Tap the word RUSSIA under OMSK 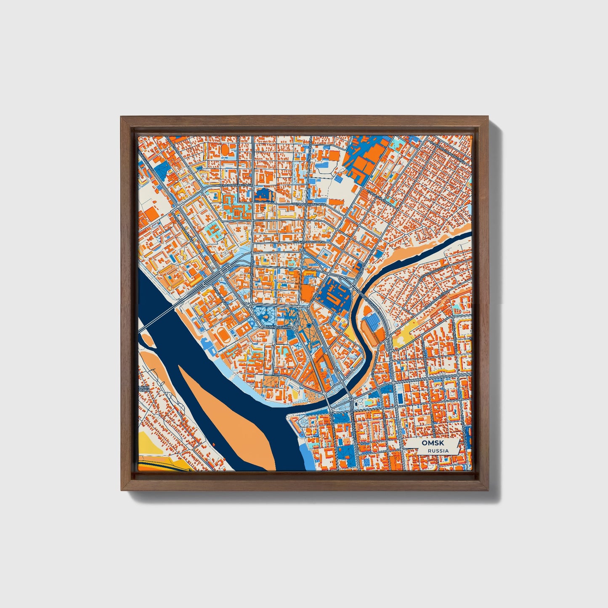438,451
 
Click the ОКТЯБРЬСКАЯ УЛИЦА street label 309,204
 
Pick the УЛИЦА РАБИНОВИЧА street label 309,242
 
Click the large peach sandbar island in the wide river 236,417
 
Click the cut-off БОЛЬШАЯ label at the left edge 144,387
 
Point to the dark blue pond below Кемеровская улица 264,194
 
